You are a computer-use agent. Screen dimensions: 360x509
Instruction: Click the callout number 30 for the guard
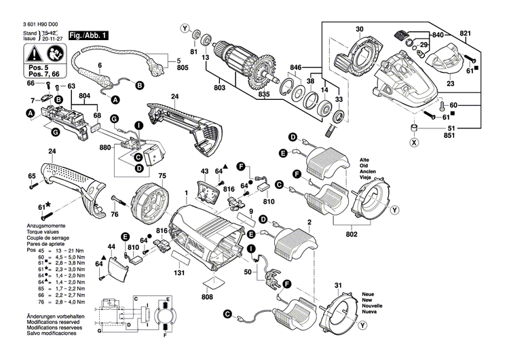(360, 29)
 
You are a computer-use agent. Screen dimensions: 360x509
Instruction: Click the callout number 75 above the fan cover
(162, 176)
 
